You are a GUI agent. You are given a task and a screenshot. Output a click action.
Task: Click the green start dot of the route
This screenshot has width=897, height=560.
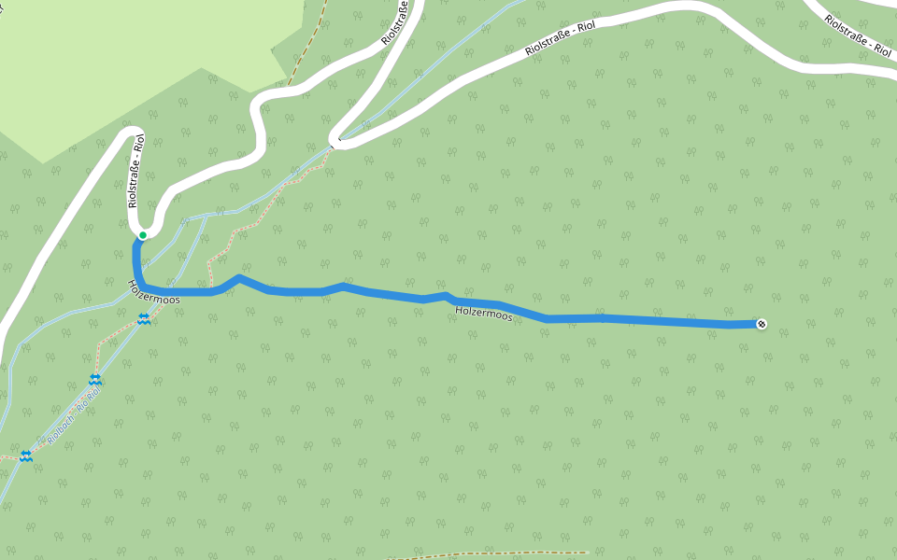tap(143, 235)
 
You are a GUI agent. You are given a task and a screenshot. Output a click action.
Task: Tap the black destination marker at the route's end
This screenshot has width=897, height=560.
tap(762, 324)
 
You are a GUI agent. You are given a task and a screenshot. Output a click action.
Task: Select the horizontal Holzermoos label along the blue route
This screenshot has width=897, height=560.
tap(484, 315)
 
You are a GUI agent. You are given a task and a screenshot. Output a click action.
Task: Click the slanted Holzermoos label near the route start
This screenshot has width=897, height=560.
tap(153, 291)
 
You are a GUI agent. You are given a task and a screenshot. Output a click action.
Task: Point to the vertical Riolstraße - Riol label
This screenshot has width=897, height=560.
tap(136, 171)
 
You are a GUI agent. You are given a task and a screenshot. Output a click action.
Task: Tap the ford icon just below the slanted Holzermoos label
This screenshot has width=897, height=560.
tap(144, 319)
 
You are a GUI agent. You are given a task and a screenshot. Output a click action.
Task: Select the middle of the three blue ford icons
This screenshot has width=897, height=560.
tap(95, 379)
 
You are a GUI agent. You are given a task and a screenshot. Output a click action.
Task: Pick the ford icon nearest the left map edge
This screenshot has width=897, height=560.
tap(26, 456)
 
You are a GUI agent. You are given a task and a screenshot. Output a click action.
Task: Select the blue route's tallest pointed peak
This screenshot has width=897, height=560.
tap(240, 277)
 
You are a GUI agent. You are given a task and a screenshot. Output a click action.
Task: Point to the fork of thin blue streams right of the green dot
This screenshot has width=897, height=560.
tap(204, 217)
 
